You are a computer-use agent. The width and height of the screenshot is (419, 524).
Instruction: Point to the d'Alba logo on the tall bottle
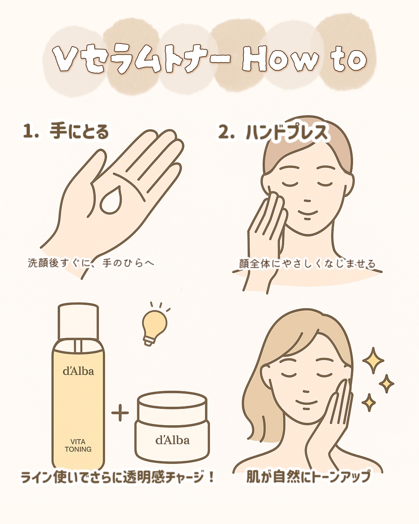pyautogui.click(x=78, y=371)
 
